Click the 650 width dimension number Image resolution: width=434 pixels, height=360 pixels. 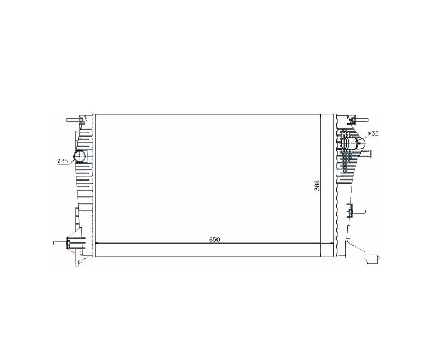pos(214,239)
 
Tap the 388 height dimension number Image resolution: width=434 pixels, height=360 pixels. pos(317,185)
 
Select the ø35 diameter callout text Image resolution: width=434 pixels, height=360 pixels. pos(62,161)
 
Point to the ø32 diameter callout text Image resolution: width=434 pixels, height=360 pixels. pos(373,133)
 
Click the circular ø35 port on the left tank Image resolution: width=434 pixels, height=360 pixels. pos(80,156)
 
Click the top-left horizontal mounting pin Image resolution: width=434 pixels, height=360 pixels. pos(73,120)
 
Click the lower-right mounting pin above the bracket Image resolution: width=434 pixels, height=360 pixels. pos(359,212)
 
